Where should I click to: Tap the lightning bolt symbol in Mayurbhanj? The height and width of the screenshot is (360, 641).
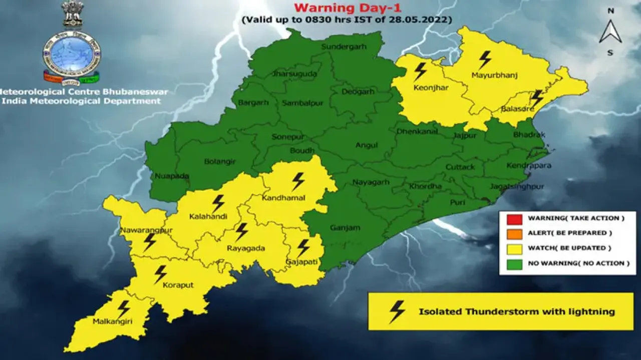(x=485, y=60)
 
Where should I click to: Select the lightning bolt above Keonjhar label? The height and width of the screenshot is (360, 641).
(x=420, y=71)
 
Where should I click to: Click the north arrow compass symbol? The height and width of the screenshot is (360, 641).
(x=610, y=31)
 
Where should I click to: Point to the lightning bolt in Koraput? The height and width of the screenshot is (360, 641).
(x=160, y=274)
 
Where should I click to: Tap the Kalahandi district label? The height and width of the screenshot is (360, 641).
(x=208, y=217)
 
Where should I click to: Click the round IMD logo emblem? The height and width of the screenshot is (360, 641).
(x=71, y=55)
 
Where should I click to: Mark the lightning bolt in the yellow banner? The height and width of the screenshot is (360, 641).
(x=397, y=311)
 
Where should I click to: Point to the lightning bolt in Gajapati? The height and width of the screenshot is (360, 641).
(x=303, y=247)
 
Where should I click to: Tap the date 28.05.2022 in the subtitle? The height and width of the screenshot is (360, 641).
(x=425, y=20)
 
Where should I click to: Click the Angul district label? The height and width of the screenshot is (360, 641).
(x=366, y=145)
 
